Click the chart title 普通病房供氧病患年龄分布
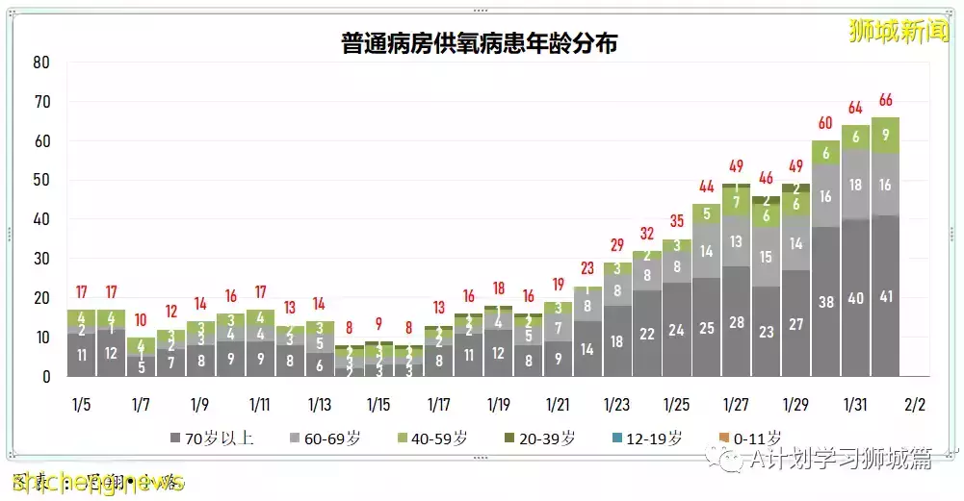(479, 42)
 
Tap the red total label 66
(885, 101)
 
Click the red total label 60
(825, 124)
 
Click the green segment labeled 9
(885, 136)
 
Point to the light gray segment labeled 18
(855, 185)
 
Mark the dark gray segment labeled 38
(825, 301)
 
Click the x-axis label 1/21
(557, 404)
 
